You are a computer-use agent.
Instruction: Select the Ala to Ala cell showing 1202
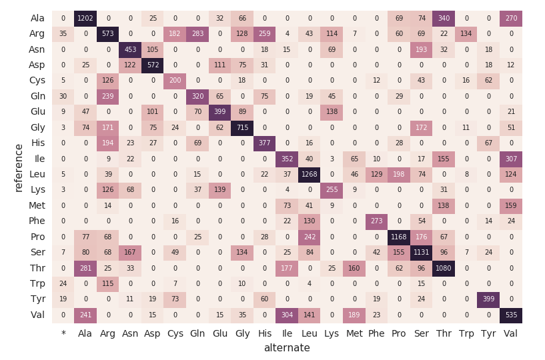click(85, 18)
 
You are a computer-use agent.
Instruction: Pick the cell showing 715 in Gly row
click(242, 127)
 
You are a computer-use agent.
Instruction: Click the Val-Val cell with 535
click(511, 315)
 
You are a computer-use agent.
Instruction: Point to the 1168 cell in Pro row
click(399, 237)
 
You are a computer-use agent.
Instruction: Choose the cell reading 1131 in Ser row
click(422, 253)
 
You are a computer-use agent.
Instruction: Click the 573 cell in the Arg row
click(108, 34)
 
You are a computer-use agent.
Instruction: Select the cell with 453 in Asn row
click(130, 49)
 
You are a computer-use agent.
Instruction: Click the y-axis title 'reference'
click(19, 167)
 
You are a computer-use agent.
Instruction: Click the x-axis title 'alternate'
click(287, 348)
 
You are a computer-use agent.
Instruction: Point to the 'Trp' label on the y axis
click(37, 284)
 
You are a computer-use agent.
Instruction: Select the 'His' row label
click(37, 143)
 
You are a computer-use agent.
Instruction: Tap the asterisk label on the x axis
click(63, 333)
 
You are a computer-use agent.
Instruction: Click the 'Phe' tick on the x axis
click(376, 333)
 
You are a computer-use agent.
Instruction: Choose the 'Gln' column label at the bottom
click(197, 333)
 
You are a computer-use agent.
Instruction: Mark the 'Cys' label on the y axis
click(37, 81)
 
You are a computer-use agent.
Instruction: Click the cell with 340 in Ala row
click(444, 18)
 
